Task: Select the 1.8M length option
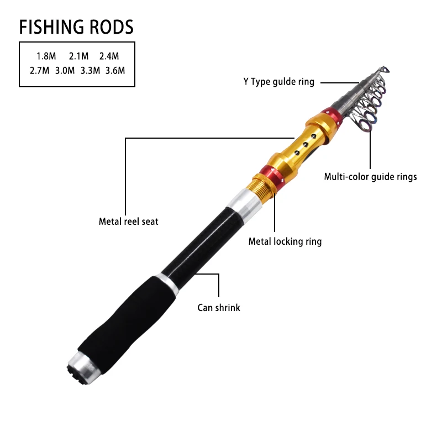click(x=46, y=56)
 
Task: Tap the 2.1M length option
click(x=79, y=56)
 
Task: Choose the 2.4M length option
click(x=109, y=56)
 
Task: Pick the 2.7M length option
click(x=40, y=70)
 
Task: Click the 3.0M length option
click(x=65, y=70)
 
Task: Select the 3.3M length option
click(x=90, y=70)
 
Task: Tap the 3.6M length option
click(x=115, y=70)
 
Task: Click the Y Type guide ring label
click(x=279, y=82)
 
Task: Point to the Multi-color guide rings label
click(x=370, y=177)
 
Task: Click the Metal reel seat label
click(x=129, y=222)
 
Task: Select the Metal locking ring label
click(x=285, y=241)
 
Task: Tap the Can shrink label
click(x=219, y=308)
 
